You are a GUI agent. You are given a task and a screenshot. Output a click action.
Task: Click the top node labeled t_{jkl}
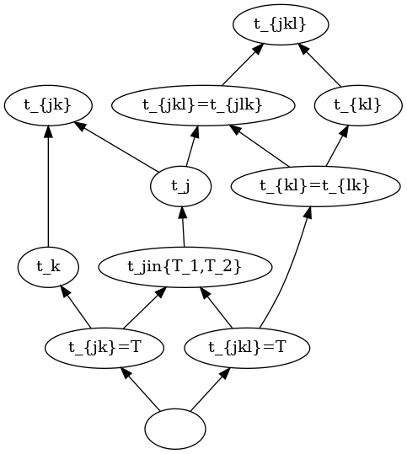(x=281, y=24)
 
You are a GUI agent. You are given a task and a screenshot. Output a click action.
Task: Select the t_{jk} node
(x=48, y=105)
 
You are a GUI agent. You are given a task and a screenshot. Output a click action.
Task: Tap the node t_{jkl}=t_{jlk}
(x=203, y=105)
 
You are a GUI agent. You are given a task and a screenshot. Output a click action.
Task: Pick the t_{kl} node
(x=358, y=105)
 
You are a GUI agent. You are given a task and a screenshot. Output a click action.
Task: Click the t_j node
(x=181, y=186)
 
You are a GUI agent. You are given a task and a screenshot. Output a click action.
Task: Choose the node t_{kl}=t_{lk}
(x=316, y=186)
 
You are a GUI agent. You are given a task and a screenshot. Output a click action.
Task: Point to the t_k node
(x=48, y=267)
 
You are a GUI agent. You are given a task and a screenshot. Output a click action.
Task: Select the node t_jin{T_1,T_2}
(x=185, y=267)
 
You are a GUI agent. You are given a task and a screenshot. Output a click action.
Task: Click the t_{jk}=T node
(x=104, y=348)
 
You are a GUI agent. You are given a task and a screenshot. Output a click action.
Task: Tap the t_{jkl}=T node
(x=247, y=348)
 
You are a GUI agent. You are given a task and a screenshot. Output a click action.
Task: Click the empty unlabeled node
(x=175, y=429)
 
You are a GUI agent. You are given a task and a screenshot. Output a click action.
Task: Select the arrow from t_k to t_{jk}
(x=48, y=186)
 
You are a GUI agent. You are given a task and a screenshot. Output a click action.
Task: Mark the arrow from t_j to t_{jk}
(x=116, y=147)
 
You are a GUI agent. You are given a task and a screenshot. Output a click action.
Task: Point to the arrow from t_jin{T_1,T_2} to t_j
(x=183, y=227)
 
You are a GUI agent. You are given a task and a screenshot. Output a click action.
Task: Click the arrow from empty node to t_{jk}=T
(x=141, y=389)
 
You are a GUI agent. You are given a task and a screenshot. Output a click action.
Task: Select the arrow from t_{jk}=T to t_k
(x=76, y=307)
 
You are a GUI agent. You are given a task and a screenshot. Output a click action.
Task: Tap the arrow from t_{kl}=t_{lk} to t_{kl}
(x=337, y=146)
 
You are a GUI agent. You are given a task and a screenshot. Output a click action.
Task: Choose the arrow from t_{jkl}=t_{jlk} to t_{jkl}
(x=243, y=65)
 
